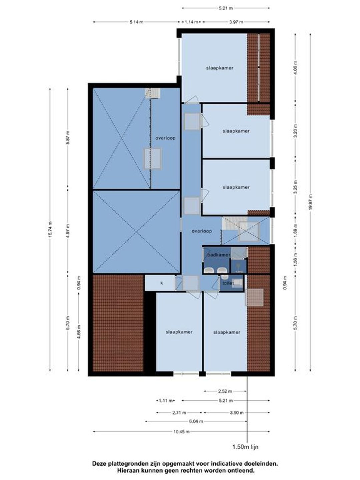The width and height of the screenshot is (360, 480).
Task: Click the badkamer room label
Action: click(219, 255)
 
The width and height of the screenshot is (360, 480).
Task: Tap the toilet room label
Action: click(228, 283)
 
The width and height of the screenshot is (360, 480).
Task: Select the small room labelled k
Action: click(162, 283)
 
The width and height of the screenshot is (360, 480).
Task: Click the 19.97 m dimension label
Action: click(310, 202)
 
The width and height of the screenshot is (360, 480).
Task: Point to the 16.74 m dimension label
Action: click(50, 229)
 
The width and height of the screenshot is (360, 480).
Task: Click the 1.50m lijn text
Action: click(245, 447)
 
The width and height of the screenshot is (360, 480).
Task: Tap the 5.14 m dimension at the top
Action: click(137, 22)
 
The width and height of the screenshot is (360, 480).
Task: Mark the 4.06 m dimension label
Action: click(295, 68)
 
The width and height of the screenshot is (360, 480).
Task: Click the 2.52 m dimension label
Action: click(225, 391)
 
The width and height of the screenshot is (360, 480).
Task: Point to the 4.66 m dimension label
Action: click(79, 332)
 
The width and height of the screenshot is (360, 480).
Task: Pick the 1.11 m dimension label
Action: click(166, 400)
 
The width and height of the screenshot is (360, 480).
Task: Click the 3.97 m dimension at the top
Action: click(236, 22)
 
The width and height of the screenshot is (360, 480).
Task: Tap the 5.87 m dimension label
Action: click(68, 137)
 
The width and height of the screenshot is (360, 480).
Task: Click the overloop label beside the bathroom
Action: click(202, 231)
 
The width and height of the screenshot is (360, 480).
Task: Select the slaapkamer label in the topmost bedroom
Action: click(220, 68)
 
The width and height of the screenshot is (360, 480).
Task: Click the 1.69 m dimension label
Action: click(295, 230)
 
